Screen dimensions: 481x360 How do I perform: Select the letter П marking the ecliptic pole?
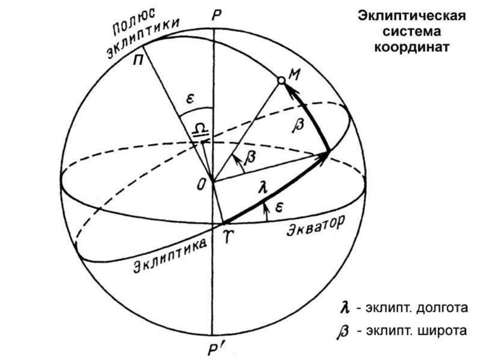click(x=140, y=61)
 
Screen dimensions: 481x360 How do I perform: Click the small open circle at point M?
click(x=281, y=81)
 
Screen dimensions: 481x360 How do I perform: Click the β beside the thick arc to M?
click(x=298, y=125)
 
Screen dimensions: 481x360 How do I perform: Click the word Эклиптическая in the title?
click(x=412, y=17)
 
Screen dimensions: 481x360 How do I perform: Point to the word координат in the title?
click(x=412, y=48)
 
